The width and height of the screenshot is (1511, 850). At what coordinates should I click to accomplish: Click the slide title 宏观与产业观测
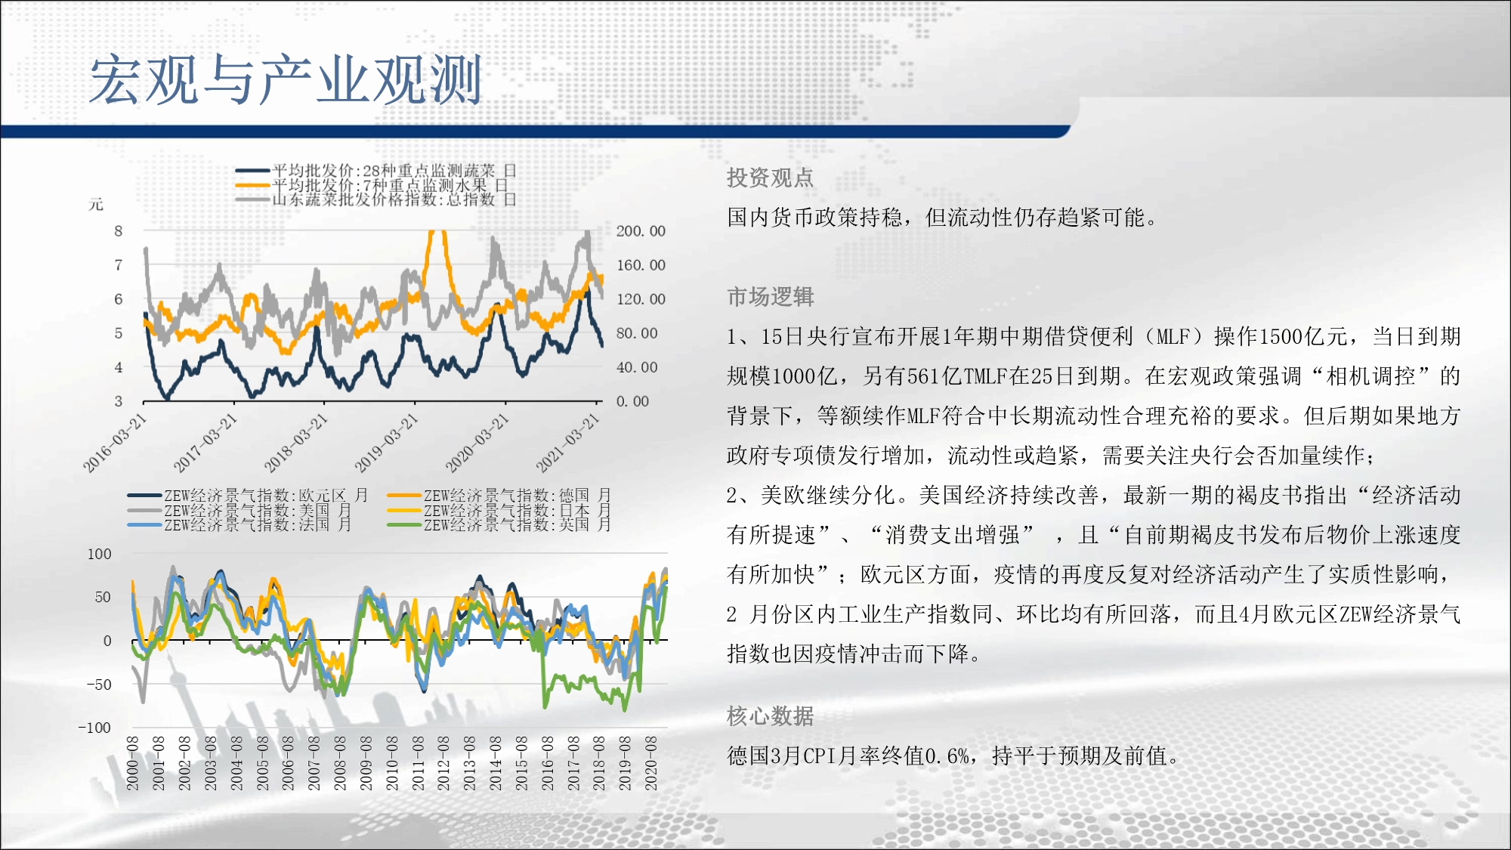(x=286, y=79)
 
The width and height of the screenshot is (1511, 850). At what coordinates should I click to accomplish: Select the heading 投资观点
(x=770, y=178)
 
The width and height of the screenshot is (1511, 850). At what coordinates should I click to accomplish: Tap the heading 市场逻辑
(x=770, y=297)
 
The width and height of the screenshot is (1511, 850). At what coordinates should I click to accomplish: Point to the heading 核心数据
(x=770, y=716)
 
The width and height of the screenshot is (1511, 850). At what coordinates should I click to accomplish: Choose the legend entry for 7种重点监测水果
(x=371, y=185)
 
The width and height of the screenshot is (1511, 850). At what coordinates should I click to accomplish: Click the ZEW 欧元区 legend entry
(x=247, y=496)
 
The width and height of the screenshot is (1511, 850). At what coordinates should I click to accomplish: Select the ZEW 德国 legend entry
(x=499, y=496)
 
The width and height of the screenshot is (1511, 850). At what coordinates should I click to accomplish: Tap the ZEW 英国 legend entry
(x=499, y=524)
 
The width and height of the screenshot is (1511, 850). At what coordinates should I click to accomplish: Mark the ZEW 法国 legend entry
(x=239, y=524)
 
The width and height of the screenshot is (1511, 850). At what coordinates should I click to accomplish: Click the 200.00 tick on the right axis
(x=641, y=231)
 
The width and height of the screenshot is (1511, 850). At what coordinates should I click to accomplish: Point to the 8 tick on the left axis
(x=119, y=231)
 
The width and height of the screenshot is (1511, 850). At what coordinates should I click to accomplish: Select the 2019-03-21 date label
(x=386, y=444)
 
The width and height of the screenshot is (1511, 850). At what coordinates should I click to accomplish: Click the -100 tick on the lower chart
(x=94, y=728)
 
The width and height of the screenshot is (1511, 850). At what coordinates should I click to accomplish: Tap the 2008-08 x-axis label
(x=340, y=763)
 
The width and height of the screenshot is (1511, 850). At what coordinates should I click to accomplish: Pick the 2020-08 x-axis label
(x=650, y=763)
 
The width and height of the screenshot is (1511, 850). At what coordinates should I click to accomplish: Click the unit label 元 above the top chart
(x=96, y=204)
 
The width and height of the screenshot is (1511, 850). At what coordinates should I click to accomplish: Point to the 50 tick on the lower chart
(x=103, y=597)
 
